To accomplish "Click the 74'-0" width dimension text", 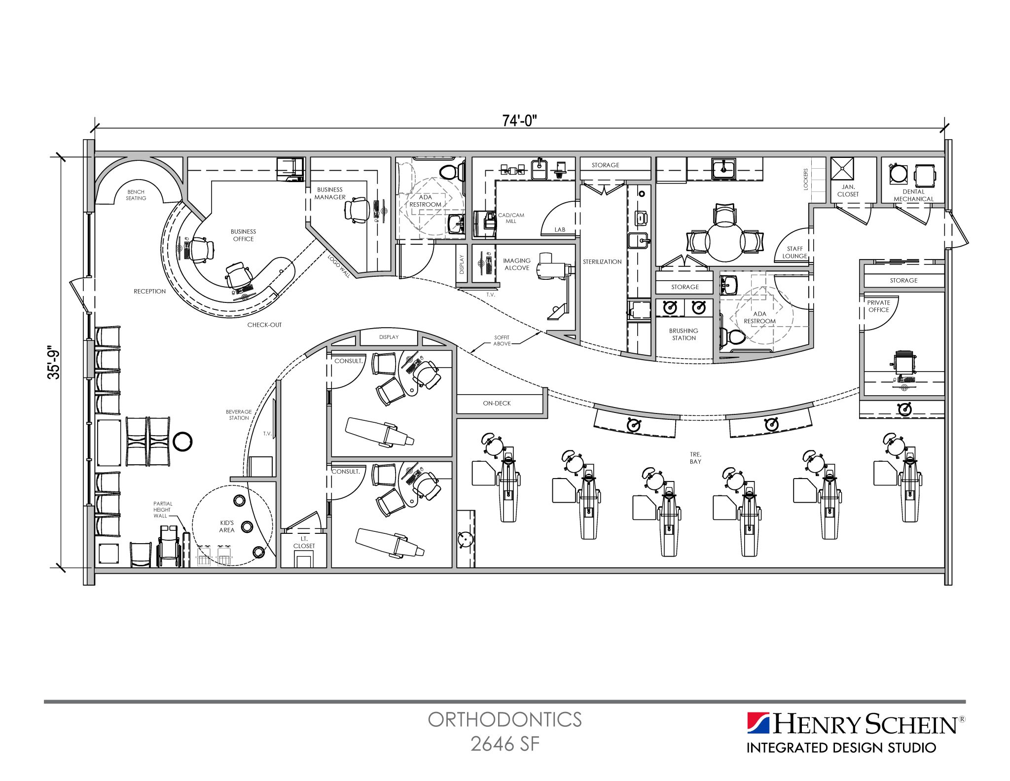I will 519,120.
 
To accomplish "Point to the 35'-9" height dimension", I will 54,365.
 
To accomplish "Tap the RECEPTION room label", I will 149,291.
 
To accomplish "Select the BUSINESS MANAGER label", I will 330,193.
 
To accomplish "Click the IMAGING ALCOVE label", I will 516,264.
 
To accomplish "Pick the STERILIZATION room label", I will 602,261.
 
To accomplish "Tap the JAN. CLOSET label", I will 848,190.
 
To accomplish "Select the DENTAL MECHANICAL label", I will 913,195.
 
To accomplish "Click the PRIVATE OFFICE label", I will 878,306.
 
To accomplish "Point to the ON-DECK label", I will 497,403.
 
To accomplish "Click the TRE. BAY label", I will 695,458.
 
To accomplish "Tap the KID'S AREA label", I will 227,526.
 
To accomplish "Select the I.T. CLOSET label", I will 304,543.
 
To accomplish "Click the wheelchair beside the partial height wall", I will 169,546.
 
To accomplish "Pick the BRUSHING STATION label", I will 684,334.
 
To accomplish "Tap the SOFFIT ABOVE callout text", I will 502,340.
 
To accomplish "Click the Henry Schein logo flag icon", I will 758,723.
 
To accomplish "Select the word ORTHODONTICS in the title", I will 505,720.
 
